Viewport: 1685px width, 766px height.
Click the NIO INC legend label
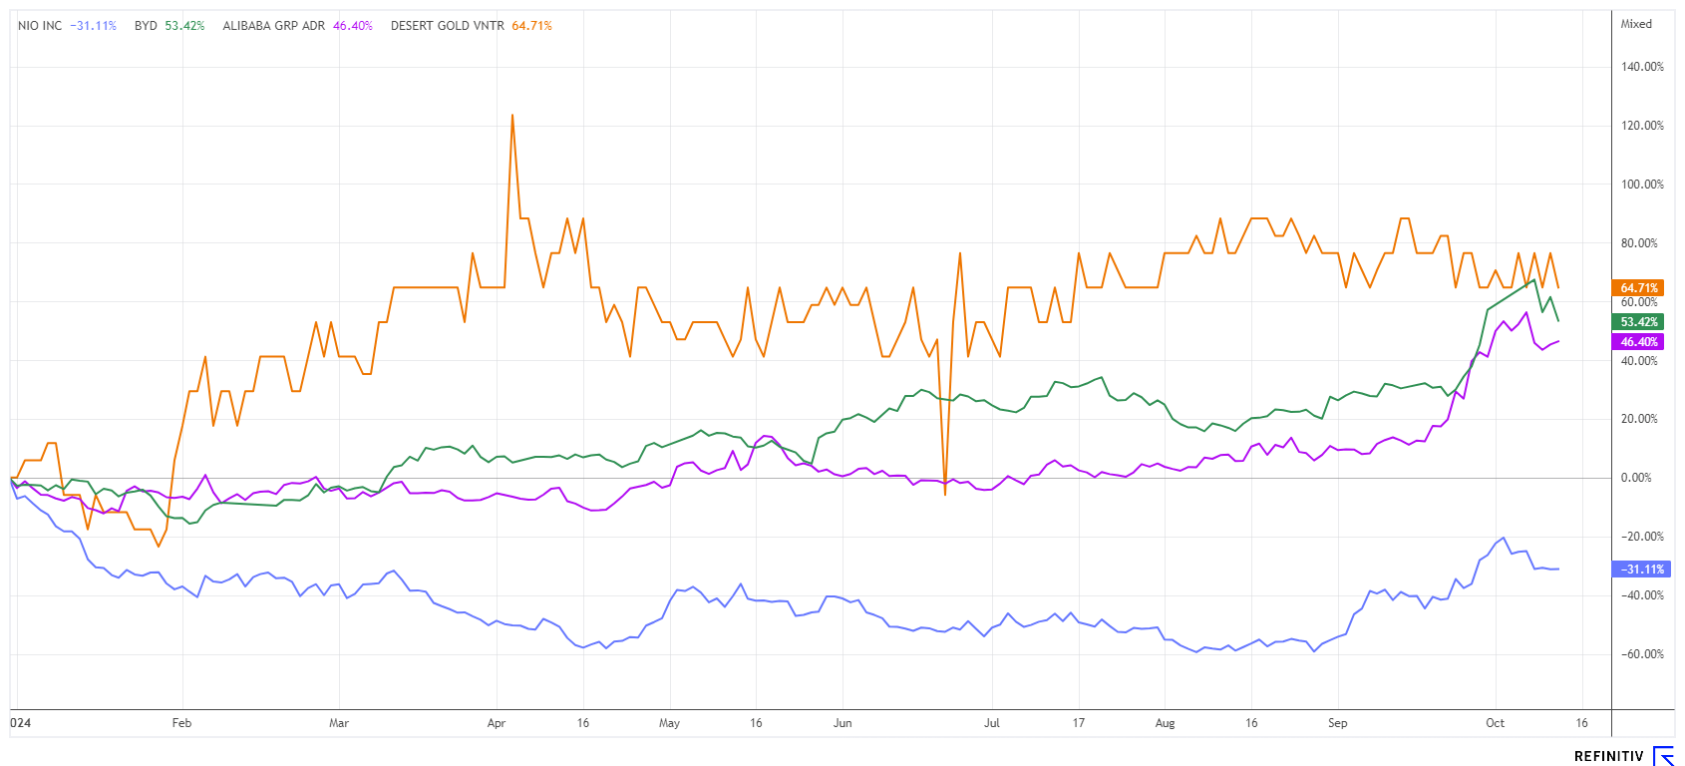coord(40,26)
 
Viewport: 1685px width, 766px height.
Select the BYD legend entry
coord(146,26)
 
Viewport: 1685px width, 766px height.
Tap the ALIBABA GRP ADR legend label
coord(273,26)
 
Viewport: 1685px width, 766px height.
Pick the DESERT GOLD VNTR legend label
coord(447,26)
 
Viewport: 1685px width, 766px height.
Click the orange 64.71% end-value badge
coord(1638,288)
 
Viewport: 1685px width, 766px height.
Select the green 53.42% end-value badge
coord(1638,322)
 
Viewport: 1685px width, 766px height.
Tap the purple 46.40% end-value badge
coord(1638,342)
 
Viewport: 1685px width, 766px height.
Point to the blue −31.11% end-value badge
coord(1638,570)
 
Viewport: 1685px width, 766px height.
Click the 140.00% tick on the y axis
coord(1641,67)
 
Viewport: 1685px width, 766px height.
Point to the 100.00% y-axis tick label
coord(1641,185)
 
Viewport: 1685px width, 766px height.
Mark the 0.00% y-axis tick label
coord(1636,478)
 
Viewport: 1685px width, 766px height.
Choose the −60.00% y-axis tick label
coord(1640,654)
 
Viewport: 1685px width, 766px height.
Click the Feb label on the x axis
coord(181,723)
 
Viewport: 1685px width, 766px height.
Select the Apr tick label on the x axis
coord(497,723)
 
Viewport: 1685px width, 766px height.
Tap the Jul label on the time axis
coord(991,723)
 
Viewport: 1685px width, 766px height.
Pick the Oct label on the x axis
coord(1495,723)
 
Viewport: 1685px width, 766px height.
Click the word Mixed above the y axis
coord(1636,24)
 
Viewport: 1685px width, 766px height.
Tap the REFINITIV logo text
coord(1608,756)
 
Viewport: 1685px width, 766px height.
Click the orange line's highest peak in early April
coord(512,115)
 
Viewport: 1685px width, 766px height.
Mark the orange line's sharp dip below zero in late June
coord(945,494)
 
